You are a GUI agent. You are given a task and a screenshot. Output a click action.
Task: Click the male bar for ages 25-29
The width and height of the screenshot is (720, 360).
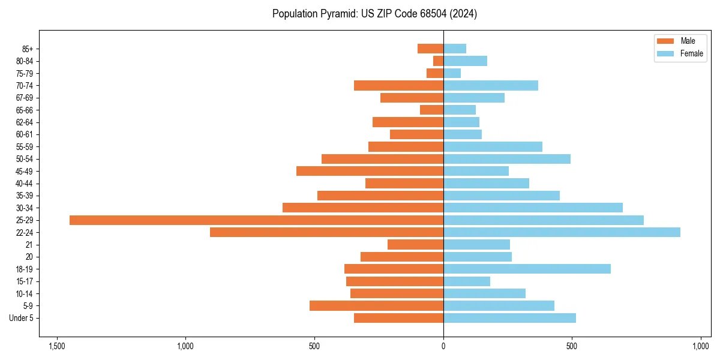coord(256,220)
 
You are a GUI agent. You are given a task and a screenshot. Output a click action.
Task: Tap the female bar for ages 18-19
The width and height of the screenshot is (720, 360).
coord(527,269)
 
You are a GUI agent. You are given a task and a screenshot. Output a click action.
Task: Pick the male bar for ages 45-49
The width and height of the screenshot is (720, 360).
coord(370,171)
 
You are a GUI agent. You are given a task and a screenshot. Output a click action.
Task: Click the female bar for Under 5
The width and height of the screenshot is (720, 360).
coord(509,318)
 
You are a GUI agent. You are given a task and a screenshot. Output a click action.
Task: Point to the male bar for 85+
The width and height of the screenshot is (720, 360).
coord(430,49)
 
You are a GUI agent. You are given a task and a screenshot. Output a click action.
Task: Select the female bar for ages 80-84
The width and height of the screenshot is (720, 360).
coord(465,61)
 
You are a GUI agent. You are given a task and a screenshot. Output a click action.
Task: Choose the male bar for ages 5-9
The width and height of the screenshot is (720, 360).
coord(376,305)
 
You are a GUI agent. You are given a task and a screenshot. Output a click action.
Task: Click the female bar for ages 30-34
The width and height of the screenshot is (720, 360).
coord(533,208)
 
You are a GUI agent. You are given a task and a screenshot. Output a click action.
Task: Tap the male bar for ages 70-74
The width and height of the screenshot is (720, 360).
coord(398,85)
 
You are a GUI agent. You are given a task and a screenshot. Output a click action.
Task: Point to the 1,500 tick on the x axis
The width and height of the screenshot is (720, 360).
coord(57,346)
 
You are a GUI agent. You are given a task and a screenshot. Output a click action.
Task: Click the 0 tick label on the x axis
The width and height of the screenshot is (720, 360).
coord(443,346)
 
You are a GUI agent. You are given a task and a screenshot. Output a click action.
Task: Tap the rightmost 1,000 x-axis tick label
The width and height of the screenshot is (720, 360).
coord(701,346)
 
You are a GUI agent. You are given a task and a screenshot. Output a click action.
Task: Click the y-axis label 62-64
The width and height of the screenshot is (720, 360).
coord(25,122)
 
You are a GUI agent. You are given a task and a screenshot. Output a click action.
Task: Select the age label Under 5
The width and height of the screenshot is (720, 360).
coord(22,318)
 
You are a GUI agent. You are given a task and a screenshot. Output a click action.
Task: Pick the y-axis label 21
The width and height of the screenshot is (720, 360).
coord(29,245)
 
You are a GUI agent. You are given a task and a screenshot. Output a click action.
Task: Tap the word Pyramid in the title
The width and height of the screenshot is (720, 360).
coord(337,14)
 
